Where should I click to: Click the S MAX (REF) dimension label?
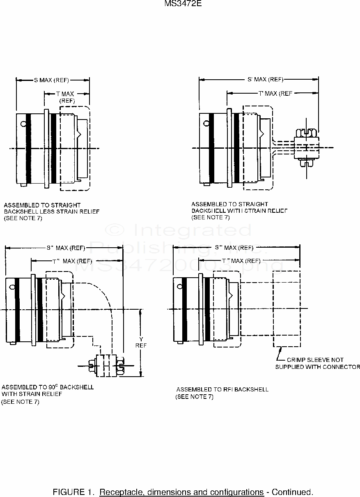(51, 80)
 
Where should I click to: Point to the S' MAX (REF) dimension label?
(265, 80)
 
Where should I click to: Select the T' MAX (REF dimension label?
(275, 94)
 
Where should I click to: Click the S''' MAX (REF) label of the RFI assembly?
(234, 248)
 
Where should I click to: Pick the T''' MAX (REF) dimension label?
(241, 261)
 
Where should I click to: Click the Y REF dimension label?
(141, 342)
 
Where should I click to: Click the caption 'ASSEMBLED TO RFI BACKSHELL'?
(222, 389)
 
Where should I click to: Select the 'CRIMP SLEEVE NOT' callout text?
(315, 360)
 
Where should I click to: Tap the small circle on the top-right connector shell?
(205, 121)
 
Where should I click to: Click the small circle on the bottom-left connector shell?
(12, 286)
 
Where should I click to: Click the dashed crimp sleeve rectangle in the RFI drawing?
(287, 308)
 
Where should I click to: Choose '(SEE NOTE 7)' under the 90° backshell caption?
(21, 402)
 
